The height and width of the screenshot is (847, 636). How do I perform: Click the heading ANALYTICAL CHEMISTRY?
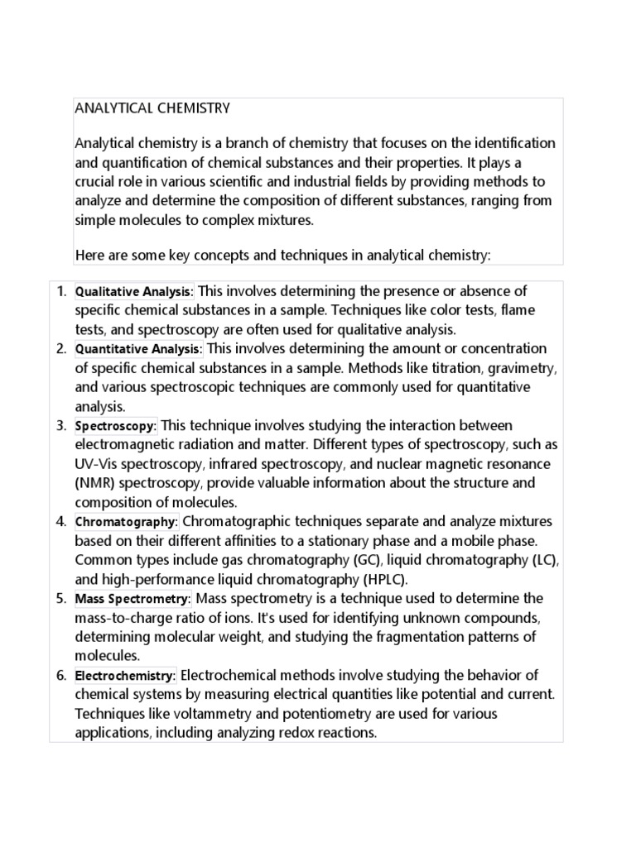[152, 108]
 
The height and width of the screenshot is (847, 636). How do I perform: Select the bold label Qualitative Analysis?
[133, 292]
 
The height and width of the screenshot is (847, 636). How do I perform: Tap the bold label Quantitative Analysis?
[137, 350]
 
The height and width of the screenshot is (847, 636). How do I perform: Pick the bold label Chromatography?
[126, 523]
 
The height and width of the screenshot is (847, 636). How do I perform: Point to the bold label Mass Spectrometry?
[132, 599]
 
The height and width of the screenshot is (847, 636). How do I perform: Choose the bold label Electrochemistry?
[125, 676]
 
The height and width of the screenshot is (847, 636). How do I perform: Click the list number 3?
[60, 426]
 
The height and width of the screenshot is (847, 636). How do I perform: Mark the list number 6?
[60, 676]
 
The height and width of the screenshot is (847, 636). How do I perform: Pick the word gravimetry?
[522, 368]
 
